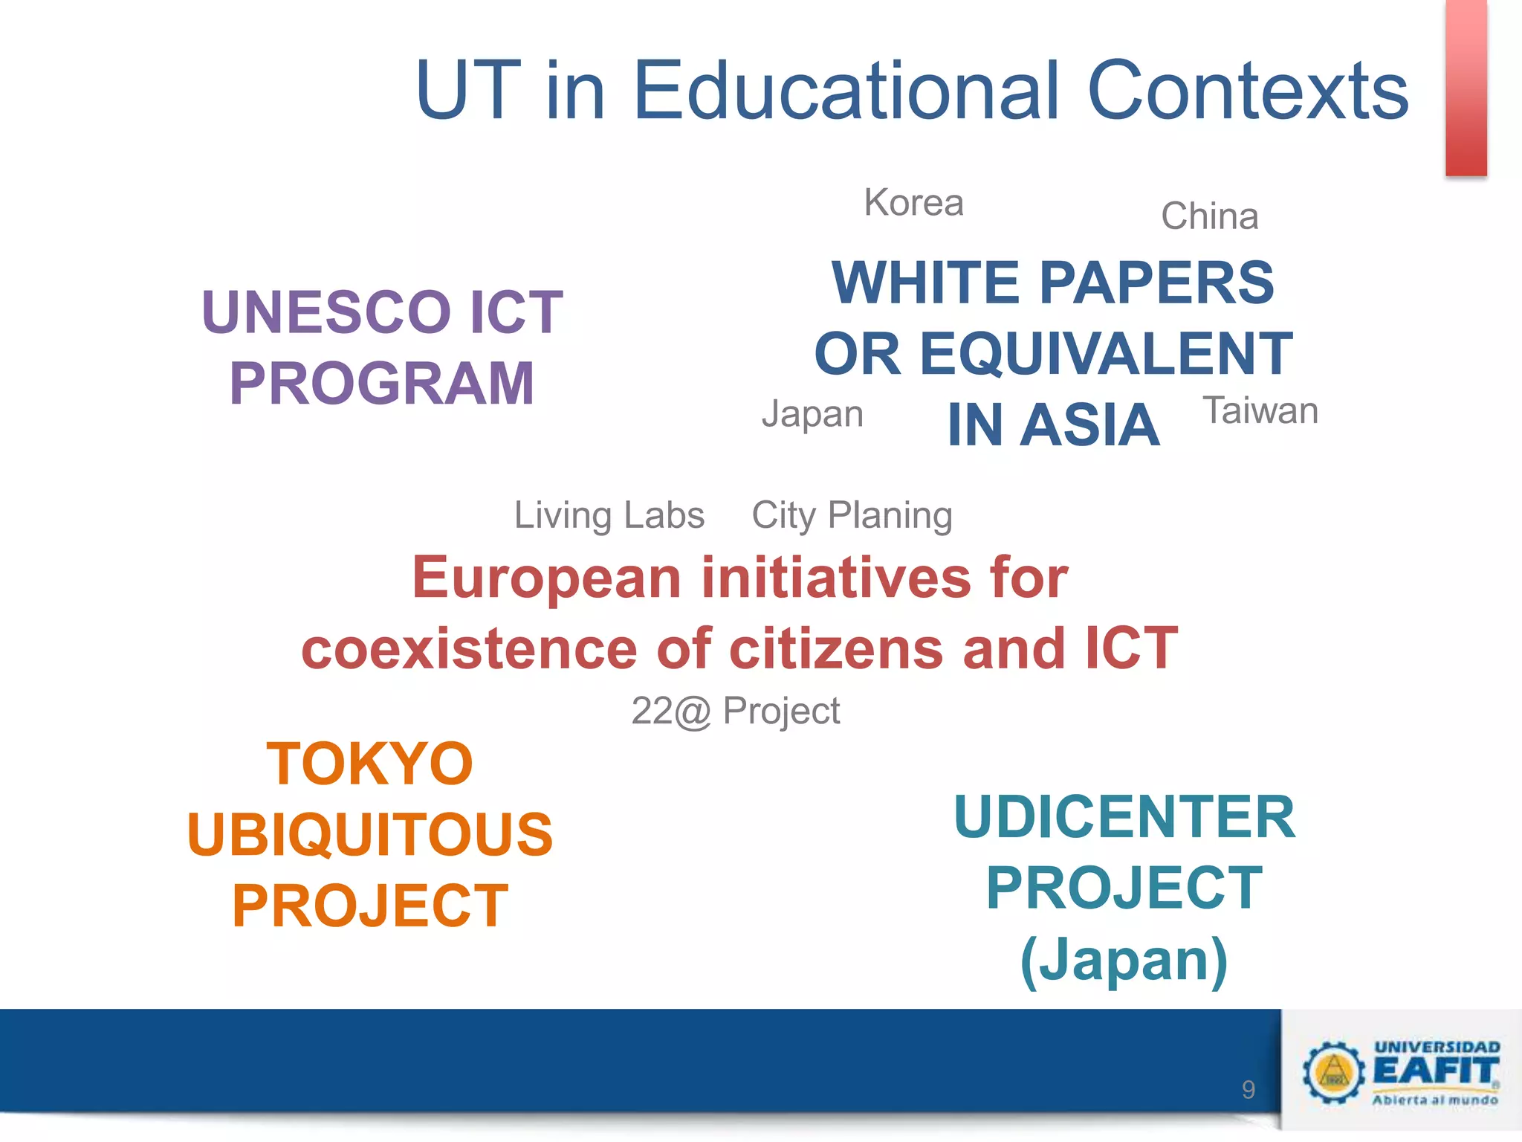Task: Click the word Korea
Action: click(x=913, y=203)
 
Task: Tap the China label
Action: click(x=1209, y=216)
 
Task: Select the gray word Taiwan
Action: click(x=1260, y=410)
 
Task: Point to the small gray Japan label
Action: click(x=812, y=414)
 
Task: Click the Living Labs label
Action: click(x=609, y=515)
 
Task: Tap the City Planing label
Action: click(x=852, y=515)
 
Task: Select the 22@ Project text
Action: click(x=736, y=711)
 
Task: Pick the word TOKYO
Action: click(x=370, y=764)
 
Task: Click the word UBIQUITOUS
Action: click(x=370, y=834)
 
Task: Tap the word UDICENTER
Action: click(x=1124, y=817)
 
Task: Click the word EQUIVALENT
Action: click(x=1107, y=354)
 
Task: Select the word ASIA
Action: click(x=1089, y=425)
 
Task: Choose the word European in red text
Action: click(x=547, y=578)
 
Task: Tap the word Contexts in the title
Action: click(x=1248, y=90)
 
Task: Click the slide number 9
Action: click(x=1249, y=1090)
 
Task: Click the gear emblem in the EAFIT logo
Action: click(x=1333, y=1071)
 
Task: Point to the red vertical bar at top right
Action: click(x=1466, y=88)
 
